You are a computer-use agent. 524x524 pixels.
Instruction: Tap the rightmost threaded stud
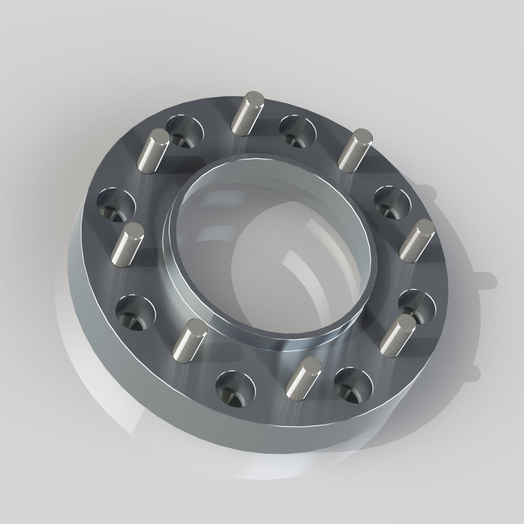click(x=416, y=241)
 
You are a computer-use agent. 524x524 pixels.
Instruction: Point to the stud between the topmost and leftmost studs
click(x=153, y=150)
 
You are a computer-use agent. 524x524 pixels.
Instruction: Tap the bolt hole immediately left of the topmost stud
click(x=184, y=131)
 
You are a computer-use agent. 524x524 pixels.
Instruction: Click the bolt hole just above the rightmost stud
click(x=393, y=202)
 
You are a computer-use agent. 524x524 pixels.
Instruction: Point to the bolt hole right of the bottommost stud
click(x=353, y=384)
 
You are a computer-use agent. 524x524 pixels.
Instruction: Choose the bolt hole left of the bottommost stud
click(x=235, y=388)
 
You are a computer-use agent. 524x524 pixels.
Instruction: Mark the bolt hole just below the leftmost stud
click(x=136, y=311)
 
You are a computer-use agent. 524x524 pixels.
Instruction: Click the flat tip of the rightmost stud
click(x=424, y=227)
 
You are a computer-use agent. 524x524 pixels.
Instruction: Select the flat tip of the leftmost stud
click(x=134, y=230)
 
